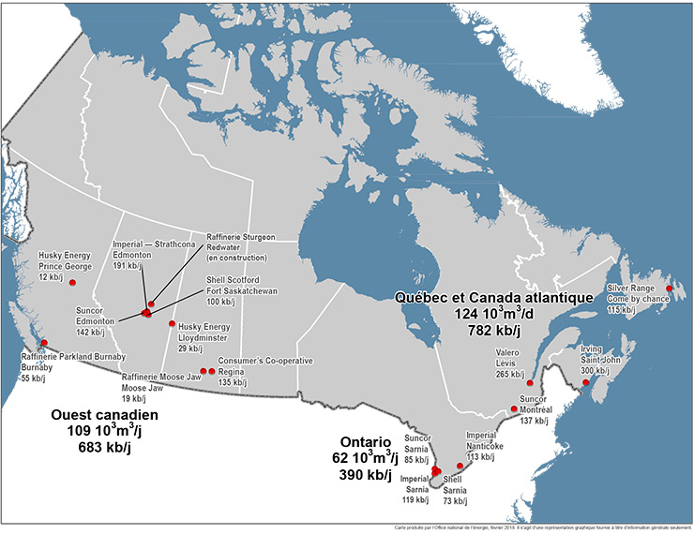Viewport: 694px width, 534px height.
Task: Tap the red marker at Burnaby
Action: pyautogui.click(x=44, y=343)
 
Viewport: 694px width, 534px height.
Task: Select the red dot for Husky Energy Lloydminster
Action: pyautogui.click(x=172, y=324)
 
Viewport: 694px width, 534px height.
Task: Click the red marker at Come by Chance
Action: pyautogui.click(x=669, y=289)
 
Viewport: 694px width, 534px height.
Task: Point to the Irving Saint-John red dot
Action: pyautogui.click(x=585, y=382)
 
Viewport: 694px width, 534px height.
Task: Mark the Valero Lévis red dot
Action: pyautogui.click(x=531, y=383)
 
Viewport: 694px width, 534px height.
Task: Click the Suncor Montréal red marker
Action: pyautogui.click(x=514, y=408)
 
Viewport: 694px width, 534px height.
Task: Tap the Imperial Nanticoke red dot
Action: pyautogui.click(x=459, y=466)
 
